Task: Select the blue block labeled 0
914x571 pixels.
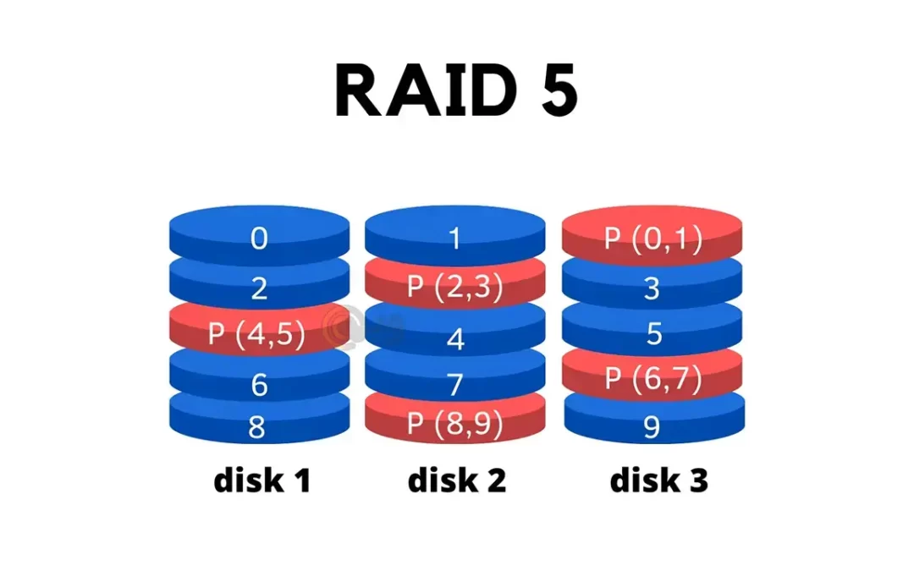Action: [259, 239]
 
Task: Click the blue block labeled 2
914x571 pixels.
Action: [259, 288]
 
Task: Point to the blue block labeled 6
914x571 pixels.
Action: [259, 385]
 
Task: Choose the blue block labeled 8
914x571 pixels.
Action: [259, 426]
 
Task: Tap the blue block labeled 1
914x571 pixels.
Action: [455, 239]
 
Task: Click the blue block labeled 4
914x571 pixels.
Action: [455, 339]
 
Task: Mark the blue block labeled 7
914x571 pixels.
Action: [455, 384]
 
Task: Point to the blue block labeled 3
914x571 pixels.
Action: [652, 288]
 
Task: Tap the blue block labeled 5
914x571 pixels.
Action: [652, 333]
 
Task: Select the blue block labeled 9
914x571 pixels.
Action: [652, 426]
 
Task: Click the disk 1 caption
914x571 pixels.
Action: [262, 480]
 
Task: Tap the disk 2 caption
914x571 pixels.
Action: [457, 480]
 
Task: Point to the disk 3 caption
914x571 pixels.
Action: [659, 480]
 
